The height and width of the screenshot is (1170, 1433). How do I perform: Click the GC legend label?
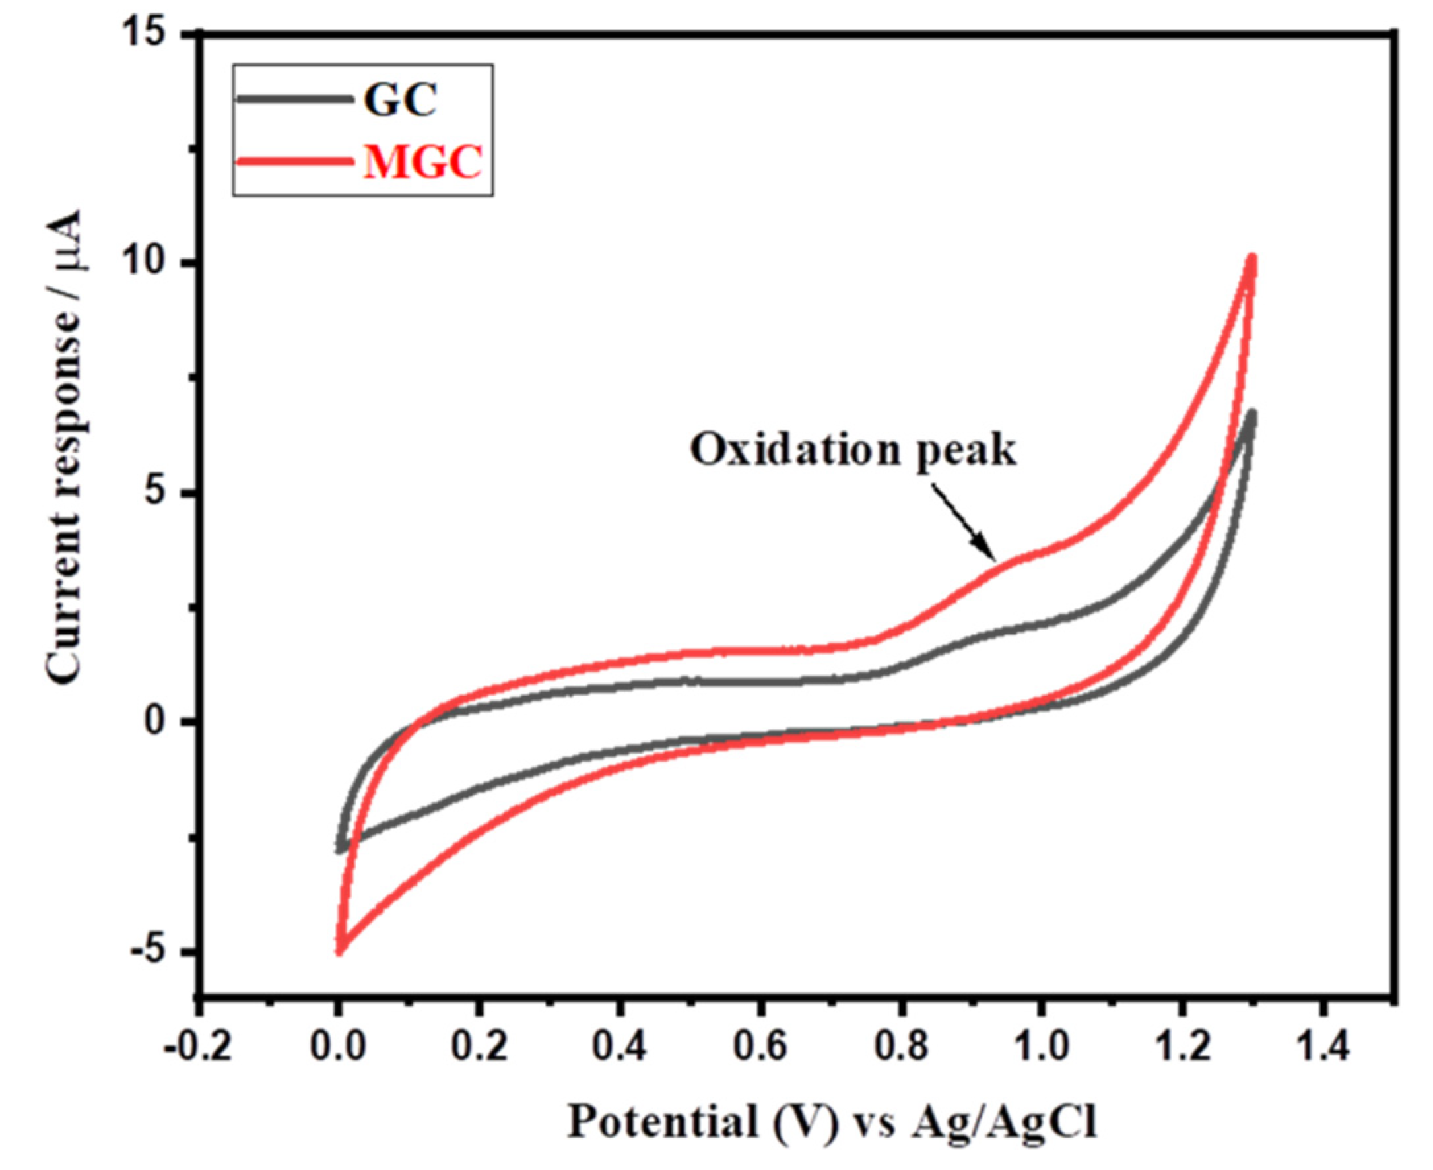(401, 101)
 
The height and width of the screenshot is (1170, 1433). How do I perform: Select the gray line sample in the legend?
(294, 99)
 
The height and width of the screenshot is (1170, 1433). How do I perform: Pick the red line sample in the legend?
(294, 161)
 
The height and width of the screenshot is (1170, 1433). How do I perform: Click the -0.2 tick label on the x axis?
(198, 1048)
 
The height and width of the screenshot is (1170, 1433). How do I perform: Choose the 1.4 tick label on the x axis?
(1323, 1048)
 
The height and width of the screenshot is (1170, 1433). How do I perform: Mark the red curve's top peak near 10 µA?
(1251, 258)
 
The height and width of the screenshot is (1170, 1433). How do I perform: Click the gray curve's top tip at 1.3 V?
(1251, 412)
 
